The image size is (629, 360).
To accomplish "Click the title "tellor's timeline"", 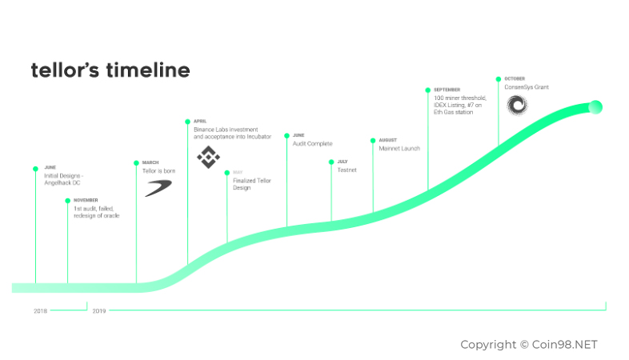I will (110, 70).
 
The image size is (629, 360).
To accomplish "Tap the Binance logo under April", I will (208, 157).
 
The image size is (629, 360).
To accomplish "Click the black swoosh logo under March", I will (158, 188).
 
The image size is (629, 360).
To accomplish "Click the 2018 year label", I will (41, 310).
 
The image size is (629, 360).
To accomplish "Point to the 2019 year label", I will (99, 310).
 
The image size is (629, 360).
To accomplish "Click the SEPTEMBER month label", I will (447, 90).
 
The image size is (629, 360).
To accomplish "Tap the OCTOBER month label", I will (515, 78).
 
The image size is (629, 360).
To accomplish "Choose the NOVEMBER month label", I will (86, 200).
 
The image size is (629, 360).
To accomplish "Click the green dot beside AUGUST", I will (372, 141).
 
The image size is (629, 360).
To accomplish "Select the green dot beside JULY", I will (331, 162).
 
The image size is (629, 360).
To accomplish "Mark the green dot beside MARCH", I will (136, 163).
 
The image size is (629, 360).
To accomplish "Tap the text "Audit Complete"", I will (312, 144).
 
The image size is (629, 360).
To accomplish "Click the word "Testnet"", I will (347, 170).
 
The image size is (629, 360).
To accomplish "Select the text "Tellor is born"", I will (158, 171).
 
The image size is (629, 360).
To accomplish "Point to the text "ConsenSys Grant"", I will (527, 87).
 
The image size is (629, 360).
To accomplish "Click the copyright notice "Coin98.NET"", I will (529, 345).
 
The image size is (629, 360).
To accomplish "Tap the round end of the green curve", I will (595, 107).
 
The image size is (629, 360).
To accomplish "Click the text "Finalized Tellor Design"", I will (252, 185).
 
